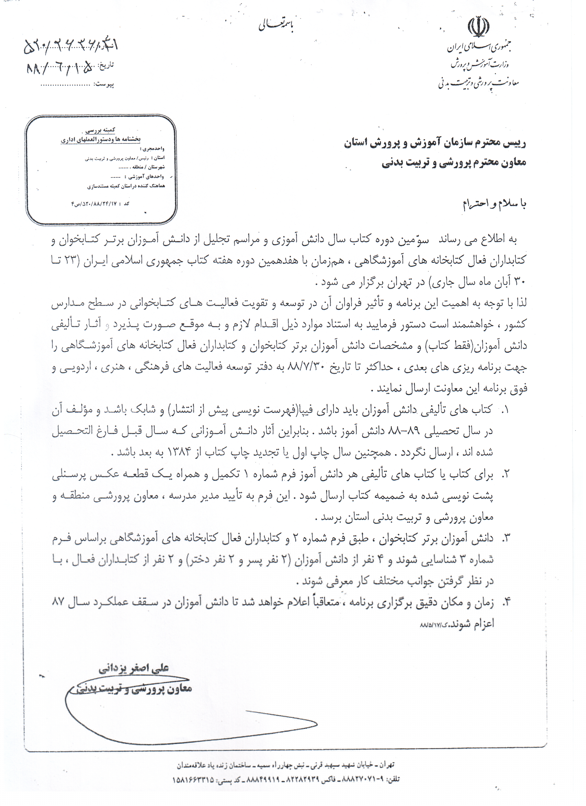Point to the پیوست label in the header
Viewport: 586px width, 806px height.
104,85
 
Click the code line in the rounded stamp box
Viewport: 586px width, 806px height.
100,204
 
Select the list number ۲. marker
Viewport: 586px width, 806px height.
505,474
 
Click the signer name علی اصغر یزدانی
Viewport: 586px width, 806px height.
134,668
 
